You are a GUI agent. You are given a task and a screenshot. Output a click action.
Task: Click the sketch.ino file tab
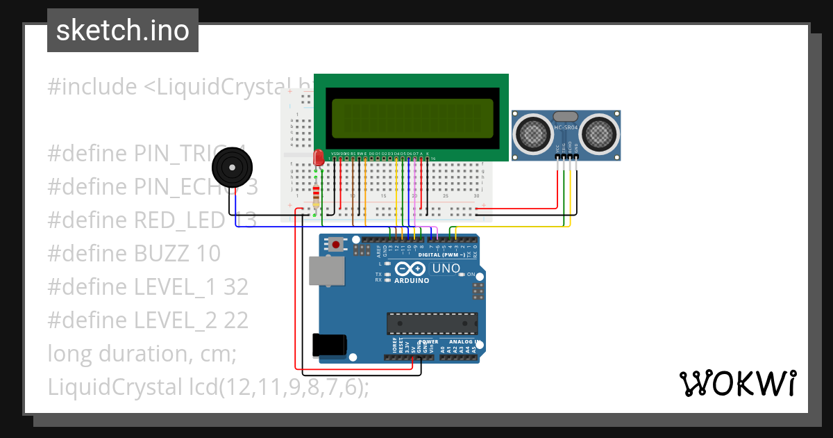122,31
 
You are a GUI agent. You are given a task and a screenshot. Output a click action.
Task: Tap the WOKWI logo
737,384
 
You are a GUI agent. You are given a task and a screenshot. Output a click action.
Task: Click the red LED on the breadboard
319,158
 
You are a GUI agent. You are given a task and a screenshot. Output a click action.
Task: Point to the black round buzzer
232,168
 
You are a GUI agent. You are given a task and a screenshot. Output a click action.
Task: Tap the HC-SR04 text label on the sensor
566,128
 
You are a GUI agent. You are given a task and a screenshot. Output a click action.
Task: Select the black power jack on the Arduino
329,344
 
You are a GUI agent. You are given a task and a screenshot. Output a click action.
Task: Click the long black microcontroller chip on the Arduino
432,323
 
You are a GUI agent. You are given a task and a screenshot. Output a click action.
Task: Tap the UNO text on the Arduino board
446,268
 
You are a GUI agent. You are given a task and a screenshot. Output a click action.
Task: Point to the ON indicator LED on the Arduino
460,275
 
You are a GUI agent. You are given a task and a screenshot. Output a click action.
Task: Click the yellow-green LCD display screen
412,117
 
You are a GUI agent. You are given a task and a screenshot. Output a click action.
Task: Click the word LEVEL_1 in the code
174,286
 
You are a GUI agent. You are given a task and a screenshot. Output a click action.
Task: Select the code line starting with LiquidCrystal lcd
208,387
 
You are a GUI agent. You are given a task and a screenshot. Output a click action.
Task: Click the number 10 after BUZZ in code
208,253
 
